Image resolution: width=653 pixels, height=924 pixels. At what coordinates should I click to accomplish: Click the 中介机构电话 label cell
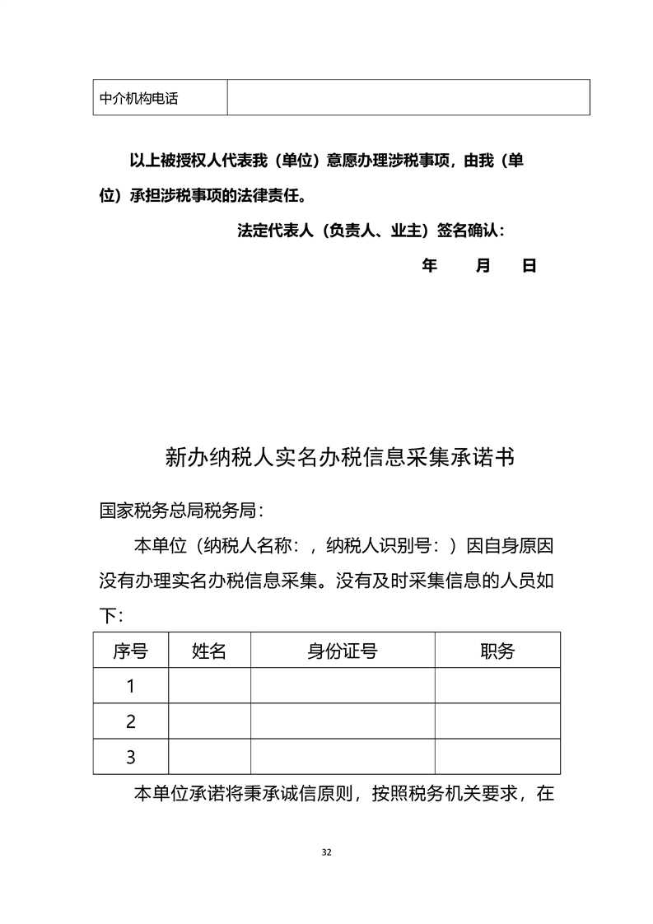(138, 99)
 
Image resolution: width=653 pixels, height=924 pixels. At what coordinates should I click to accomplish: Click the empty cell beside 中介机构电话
(408, 97)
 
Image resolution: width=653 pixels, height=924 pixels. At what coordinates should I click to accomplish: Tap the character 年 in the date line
(429, 266)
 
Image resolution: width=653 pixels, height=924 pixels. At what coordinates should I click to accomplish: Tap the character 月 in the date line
(483, 266)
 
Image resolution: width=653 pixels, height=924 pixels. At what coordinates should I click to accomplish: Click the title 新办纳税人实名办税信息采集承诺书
(339, 457)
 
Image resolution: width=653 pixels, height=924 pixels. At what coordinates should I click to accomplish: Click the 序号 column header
(130, 651)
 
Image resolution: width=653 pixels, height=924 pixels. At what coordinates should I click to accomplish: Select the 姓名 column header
(209, 651)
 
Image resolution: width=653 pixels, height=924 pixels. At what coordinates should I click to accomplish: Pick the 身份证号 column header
(343, 651)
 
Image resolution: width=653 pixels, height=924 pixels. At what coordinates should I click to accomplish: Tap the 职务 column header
(497, 651)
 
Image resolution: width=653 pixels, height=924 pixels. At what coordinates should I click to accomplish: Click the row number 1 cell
(130, 686)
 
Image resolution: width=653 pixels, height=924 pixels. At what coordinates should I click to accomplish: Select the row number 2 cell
(130, 721)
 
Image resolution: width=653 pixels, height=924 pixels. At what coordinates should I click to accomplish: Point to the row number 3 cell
(130, 757)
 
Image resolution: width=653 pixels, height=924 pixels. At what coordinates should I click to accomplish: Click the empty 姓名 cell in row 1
(209, 686)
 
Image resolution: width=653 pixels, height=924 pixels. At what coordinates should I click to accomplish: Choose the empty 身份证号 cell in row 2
(343, 721)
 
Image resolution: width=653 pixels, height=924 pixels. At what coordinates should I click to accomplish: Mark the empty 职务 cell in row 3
(497, 757)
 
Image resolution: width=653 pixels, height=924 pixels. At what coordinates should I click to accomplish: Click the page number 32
(327, 852)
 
